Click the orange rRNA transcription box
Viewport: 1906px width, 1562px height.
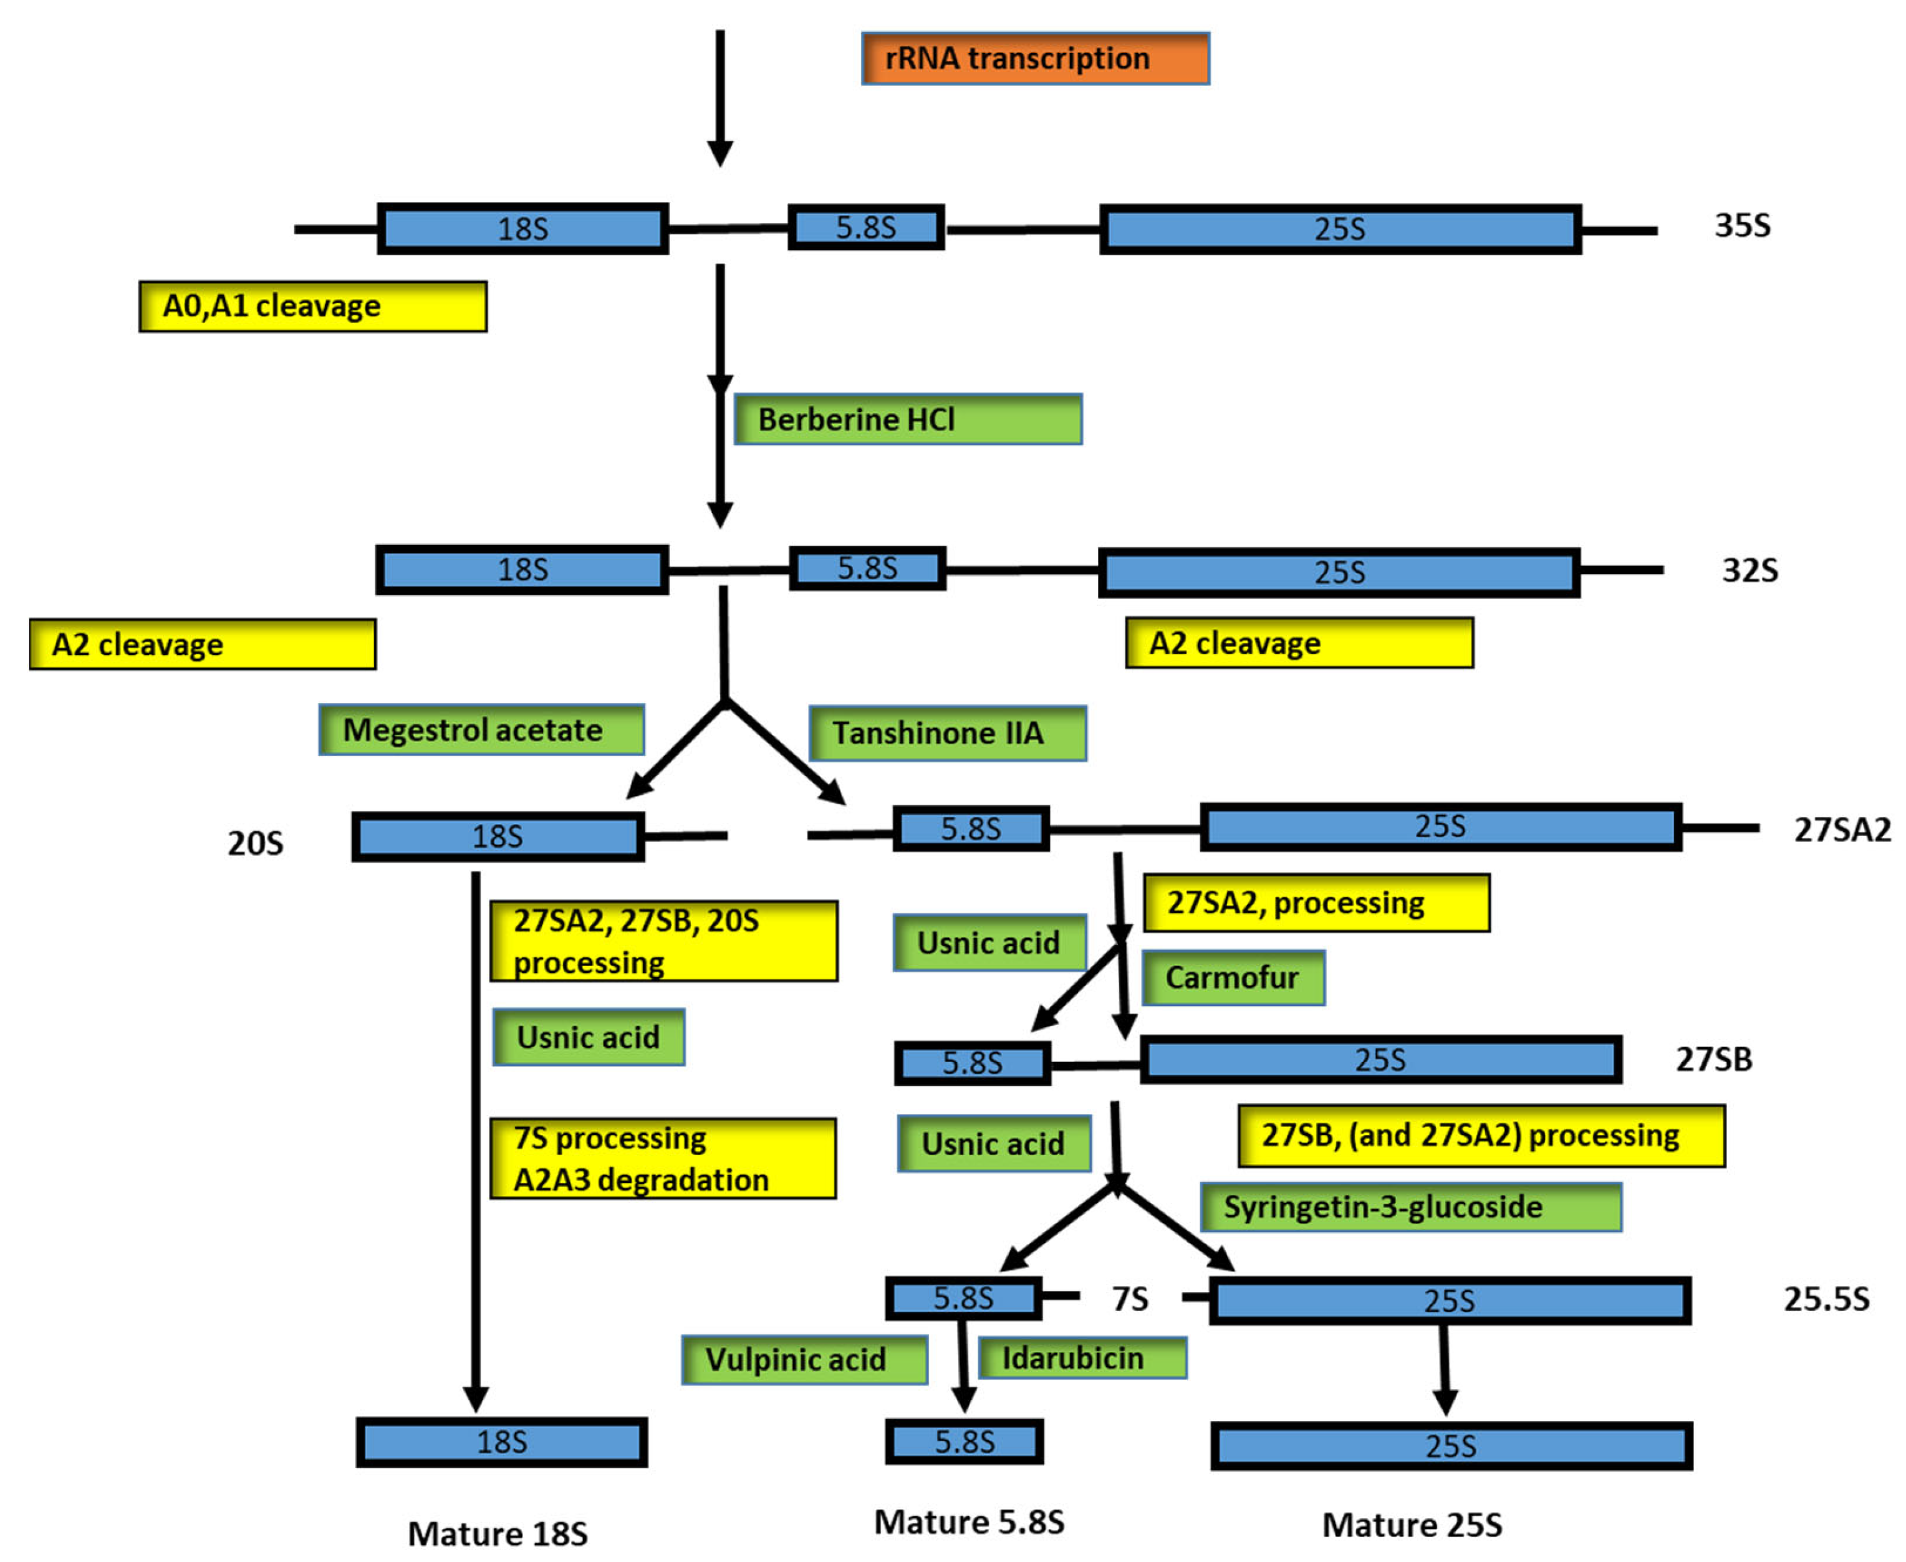pyautogui.click(x=1035, y=59)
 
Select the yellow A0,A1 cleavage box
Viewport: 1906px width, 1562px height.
pyautogui.click(x=312, y=307)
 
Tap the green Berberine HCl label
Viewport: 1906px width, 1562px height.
pyautogui.click(x=907, y=419)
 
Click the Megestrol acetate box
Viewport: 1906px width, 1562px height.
pyautogui.click(x=481, y=730)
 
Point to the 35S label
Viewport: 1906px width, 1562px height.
pyautogui.click(x=1741, y=225)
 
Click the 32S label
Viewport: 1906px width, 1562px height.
pyautogui.click(x=1748, y=570)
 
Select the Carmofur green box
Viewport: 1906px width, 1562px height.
pyautogui.click(x=1233, y=978)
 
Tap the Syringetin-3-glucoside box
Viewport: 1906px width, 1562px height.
pyautogui.click(x=1410, y=1207)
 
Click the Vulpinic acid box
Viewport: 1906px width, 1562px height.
pyautogui.click(x=804, y=1359)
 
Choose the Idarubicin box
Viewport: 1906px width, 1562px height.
pyautogui.click(x=1082, y=1358)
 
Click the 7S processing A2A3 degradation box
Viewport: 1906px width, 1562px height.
pyautogui.click(x=662, y=1159)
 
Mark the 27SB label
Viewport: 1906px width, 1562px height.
pyautogui.click(x=1713, y=1060)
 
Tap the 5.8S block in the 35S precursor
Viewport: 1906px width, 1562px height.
pyautogui.click(x=865, y=228)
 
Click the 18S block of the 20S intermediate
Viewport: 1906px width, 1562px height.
pyautogui.click(x=498, y=836)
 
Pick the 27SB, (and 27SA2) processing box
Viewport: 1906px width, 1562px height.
pyautogui.click(x=1480, y=1136)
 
